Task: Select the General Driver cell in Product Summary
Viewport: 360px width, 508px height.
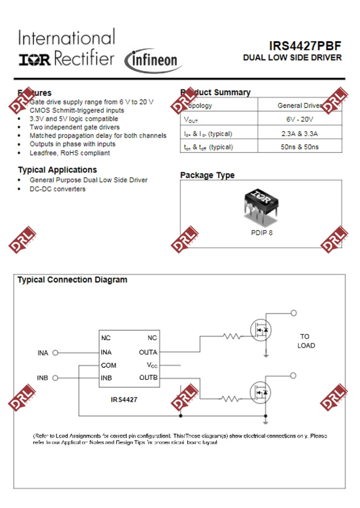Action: [300, 106]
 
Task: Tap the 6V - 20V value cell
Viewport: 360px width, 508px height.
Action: [300, 119]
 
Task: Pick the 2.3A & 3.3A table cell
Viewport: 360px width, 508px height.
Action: [300, 134]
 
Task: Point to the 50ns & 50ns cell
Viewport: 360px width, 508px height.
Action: [300, 147]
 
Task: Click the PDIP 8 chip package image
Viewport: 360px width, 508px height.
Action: [262, 205]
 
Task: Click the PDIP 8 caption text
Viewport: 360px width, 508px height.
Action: [262, 233]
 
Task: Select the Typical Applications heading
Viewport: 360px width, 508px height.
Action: [57, 170]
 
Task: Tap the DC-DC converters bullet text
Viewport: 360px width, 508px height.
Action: [57, 189]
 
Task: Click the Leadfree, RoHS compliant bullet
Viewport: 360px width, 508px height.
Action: [70, 153]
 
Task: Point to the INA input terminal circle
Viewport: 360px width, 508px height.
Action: [55, 353]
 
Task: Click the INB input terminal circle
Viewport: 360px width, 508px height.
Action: [55, 378]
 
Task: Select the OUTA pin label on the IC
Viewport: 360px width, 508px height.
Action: [148, 352]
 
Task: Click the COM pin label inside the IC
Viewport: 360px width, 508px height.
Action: [108, 365]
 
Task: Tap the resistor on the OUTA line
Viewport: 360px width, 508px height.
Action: [232, 336]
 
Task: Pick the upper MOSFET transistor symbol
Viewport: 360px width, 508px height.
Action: [261, 330]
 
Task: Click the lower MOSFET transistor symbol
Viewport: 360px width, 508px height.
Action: [261, 393]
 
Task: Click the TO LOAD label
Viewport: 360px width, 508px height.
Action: [306, 341]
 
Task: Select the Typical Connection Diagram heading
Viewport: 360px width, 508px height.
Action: [72, 280]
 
